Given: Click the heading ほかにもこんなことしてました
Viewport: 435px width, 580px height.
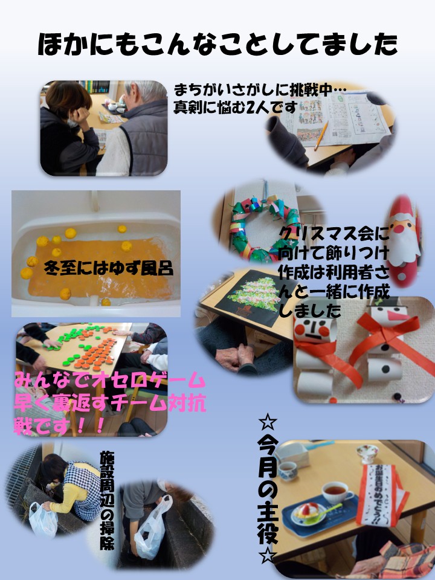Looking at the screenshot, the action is pyautogui.click(x=217, y=44).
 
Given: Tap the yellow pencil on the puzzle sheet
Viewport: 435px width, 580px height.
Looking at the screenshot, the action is pyautogui.click(x=321, y=135).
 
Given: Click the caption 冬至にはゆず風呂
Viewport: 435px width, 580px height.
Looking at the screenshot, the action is pyautogui.click(x=108, y=268).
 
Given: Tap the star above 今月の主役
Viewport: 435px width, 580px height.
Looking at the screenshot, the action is pyautogui.click(x=268, y=422).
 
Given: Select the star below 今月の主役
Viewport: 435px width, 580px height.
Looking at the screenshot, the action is pyautogui.click(x=268, y=555).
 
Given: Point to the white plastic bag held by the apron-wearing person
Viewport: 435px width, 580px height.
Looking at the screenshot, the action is pyautogui.click(x=43, y=520).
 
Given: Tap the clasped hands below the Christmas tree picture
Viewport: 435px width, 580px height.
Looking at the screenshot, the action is pyautogui.click(x=237, y=358).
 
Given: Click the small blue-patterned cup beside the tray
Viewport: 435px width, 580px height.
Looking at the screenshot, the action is pyautogui.click(x=288, y=471).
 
